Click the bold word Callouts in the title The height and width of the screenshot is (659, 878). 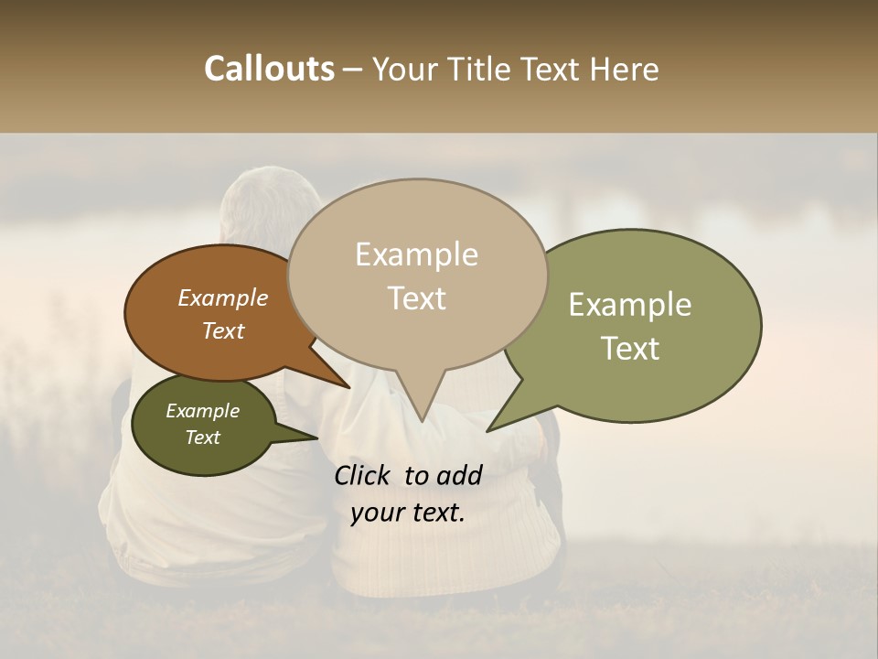[x=269, y=69]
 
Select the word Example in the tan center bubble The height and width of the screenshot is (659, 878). [x=416, y=254]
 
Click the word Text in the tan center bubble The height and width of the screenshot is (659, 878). [x=416, y=298]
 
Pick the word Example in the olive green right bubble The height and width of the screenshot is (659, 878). [x=630, y=305]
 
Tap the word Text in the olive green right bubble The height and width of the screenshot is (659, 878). [x=630, y=349]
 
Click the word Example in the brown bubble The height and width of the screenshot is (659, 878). [x=222, y=297]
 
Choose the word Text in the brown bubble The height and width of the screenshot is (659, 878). [x=222, y=330]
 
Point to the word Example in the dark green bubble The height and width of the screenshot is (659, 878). [x=202, y=411]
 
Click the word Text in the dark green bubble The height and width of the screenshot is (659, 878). [x=202, y=438]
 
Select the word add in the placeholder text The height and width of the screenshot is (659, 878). [x=461, y=475]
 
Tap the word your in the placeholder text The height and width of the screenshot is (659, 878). [x=374, y=513]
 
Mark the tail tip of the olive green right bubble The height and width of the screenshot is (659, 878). [x=487, y=431]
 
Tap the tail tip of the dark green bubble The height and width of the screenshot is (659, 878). [x=317, y=438]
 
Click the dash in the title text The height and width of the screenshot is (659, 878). [x=354, y=70]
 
